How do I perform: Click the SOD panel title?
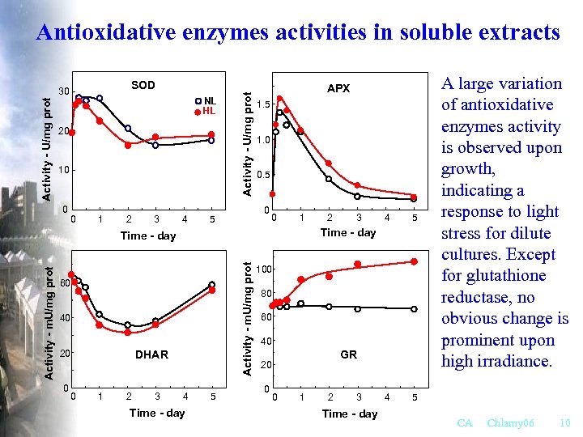(x=143, y=85)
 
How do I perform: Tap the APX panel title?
(x=338, y=88)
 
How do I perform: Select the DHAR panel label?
(x=151, y=354)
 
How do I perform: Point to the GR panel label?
(x=348, y=354)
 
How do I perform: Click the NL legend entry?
(x=209, y=100)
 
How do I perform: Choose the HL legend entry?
(x=209, y=111)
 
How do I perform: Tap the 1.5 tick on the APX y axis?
(x=262, y=105)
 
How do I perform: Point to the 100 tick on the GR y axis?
(x=265, y=269)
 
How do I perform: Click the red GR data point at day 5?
(x=414, y=261)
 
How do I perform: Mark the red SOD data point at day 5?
(x=211, y=134)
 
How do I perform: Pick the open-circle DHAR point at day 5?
(x=212, y=285)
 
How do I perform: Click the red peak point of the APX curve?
(x=280, y=99)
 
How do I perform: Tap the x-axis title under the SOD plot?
(x=147, y=236)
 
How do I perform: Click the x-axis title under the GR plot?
(x=349, y=414)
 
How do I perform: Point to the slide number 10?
(x=564, y=423)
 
